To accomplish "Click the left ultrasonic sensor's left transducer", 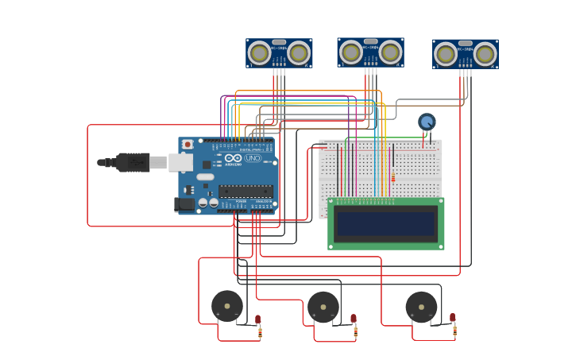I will click(259, 53).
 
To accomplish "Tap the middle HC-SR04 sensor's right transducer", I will click(390, 52).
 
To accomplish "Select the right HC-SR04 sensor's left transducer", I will click(446, 54).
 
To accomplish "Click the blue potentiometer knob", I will click(427, 122).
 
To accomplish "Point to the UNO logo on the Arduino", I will click(253, 158).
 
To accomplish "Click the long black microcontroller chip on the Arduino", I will click(245, 191).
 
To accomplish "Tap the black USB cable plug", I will click(133, 162).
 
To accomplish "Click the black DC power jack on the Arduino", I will click(184, 204).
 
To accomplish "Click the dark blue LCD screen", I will click(386, 224).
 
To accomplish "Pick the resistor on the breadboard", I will click(392, 177).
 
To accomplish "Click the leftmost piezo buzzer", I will click(227, 306).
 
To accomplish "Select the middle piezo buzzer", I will click(323, 307).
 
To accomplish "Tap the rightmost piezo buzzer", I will click(421, 307).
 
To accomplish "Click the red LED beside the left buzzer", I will click(257, 319).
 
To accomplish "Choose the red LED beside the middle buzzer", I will click(354, 319).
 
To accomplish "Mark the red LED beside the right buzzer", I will click(452, 318).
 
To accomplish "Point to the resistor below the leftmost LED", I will click(260, 333).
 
